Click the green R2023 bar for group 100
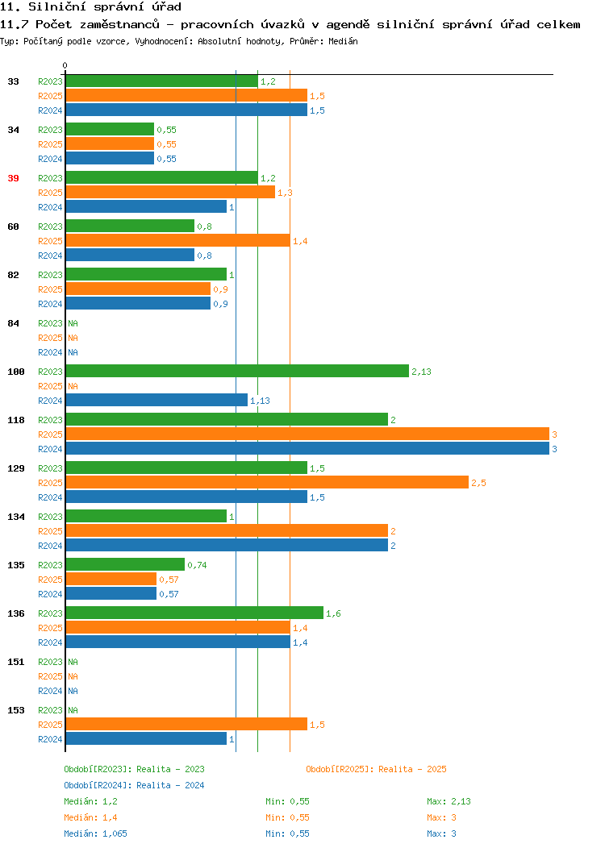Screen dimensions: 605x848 (237, 371)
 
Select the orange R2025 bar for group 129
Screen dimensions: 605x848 (267, 482)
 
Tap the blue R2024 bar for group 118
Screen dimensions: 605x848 (307, 448)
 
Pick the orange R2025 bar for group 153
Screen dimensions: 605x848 (186, 724)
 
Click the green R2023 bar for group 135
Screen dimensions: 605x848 (125, 564)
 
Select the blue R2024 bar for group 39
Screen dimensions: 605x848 (146, 206)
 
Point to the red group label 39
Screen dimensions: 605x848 (13, 178)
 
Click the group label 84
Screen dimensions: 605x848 (13, 323)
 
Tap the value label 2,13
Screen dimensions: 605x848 (421, 372)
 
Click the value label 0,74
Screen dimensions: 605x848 (197, 565)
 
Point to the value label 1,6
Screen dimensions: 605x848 (333, 613)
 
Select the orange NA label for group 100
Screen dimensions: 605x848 (73, 386)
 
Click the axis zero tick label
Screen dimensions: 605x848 (65, 65)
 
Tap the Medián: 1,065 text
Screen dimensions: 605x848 (96, 833)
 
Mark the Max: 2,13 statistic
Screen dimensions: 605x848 (449, 801)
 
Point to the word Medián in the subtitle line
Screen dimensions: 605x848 (343, 41)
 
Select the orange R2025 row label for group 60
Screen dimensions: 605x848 (50, 241)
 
